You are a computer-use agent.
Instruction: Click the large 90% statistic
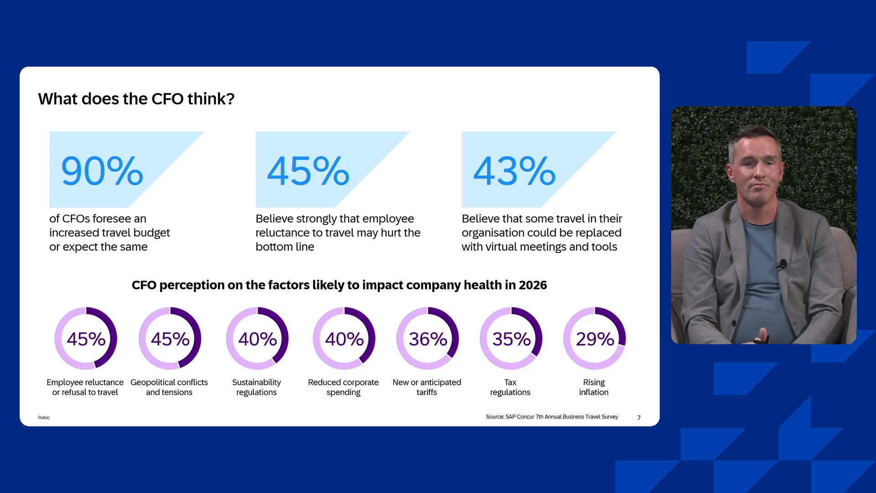click(102, 171)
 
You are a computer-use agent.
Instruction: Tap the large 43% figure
click(514, 171)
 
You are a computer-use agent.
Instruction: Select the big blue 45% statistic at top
click(308, 171)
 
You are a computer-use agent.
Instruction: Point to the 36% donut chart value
click(428, 339)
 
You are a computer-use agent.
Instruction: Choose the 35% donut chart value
click(511, 339)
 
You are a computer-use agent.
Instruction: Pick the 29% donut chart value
click(595, 339)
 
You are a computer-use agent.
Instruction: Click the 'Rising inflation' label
click(594, 387)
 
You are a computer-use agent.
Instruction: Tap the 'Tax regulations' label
click(510, 387)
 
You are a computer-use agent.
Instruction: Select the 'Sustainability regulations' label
click(256, 387)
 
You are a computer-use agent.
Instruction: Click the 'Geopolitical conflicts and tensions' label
click(169, 387)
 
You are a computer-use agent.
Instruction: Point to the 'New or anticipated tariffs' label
click(427, 387)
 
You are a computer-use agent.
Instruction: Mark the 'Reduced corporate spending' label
click(344, 387)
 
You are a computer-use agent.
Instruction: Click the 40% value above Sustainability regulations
click(258, 339)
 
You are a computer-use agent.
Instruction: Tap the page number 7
click(639, 418)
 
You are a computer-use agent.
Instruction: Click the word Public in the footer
click(44, 417)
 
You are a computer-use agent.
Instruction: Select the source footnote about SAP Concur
click(552, 417)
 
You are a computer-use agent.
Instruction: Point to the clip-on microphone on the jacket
click(782, 264)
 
